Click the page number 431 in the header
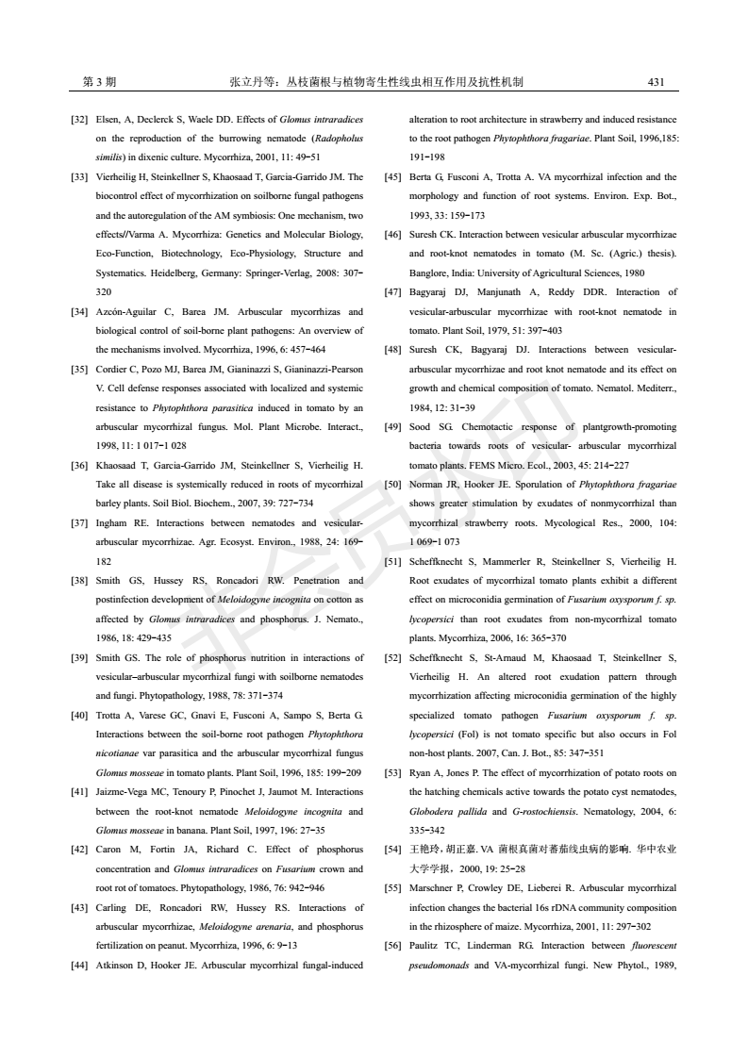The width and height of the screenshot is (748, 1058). click(x=657, y=82)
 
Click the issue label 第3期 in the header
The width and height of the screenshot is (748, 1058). click(x=100, y=82)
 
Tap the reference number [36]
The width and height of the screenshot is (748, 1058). click(x=81, y=465)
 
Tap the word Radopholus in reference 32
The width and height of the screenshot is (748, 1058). click(x=334, y=139)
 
